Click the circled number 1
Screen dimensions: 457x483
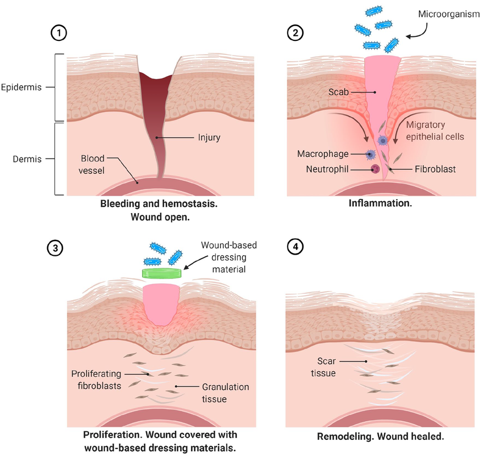[58, 32]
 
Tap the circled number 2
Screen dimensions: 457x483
[294, 32]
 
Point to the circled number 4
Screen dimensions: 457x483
[294, 248]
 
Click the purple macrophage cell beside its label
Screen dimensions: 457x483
[370, 154]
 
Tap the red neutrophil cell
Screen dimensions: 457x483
[375, 168]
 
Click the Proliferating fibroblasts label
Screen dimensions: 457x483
[98, 380]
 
